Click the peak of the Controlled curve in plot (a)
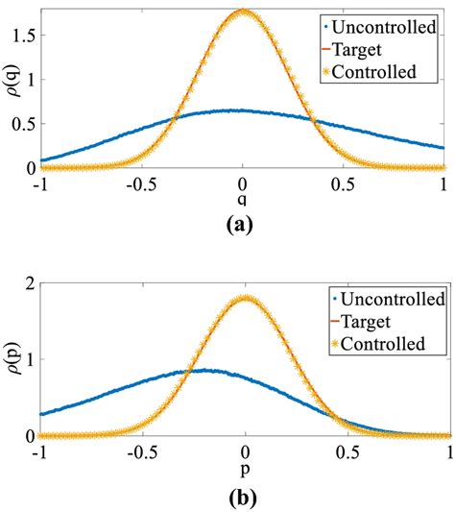(243, 12)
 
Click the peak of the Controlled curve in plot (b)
(245, 298)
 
